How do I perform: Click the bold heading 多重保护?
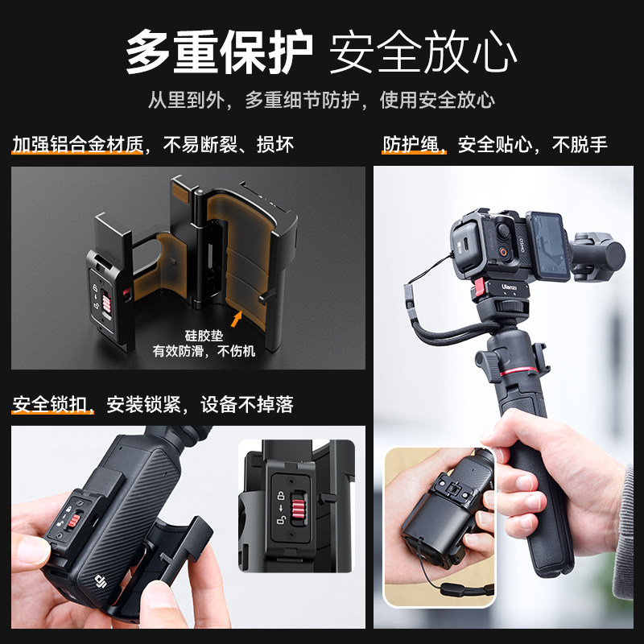(218, 52)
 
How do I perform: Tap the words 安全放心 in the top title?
(423, 52)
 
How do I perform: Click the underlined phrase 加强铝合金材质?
(77, 145)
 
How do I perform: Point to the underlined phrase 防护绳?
(411, 145)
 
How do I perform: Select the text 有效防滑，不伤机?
(206, 352)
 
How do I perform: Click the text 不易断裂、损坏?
(229, 145)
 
